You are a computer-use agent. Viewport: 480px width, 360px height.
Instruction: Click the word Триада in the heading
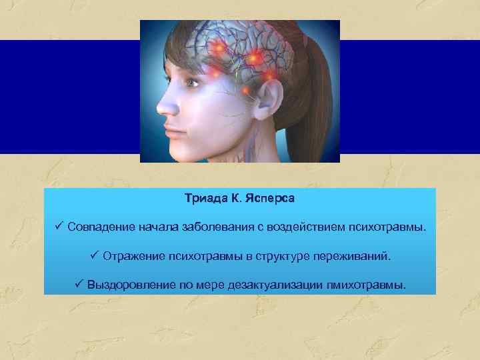[203, 199]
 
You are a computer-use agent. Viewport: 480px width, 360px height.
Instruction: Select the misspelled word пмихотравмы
[365, 285]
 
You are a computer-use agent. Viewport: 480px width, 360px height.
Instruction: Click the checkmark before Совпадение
[59, 228]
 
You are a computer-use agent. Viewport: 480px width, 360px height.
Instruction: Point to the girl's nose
[161, 107]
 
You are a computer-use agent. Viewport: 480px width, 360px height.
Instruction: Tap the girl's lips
[171, 130]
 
